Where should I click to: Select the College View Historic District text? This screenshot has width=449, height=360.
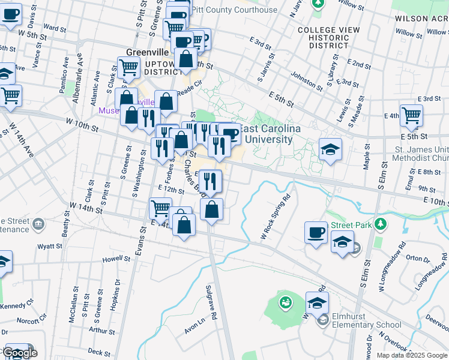point(328,38)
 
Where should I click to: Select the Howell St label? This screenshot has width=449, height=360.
point(116,259)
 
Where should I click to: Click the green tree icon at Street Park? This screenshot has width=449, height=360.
point(379,224)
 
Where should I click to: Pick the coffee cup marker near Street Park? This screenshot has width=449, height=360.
point(316,232)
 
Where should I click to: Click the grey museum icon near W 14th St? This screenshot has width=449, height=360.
point(39,224)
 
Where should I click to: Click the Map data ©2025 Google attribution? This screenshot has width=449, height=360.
point(411,355)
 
